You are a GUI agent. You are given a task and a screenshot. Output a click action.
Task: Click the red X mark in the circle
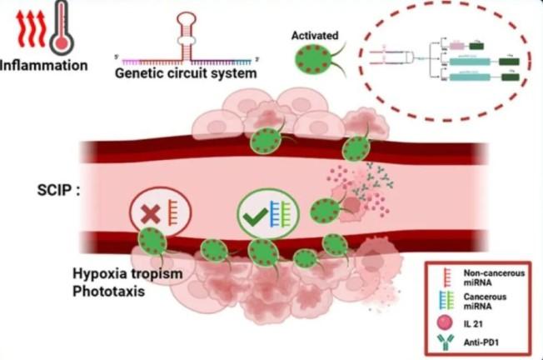point(152,212)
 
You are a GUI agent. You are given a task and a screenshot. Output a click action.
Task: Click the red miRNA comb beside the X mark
point(173,212)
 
